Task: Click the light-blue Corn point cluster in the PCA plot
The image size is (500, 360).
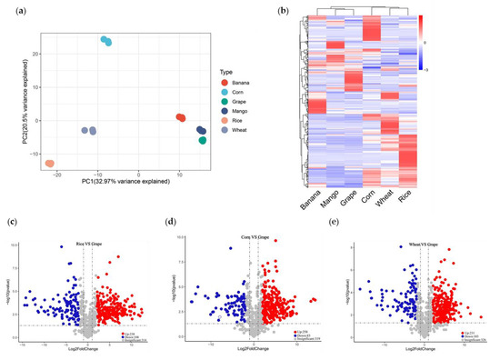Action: pyautogui.click(x=106, y=41)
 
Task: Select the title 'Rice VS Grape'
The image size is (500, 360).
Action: pyautogui.click(x=91, y=245)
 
